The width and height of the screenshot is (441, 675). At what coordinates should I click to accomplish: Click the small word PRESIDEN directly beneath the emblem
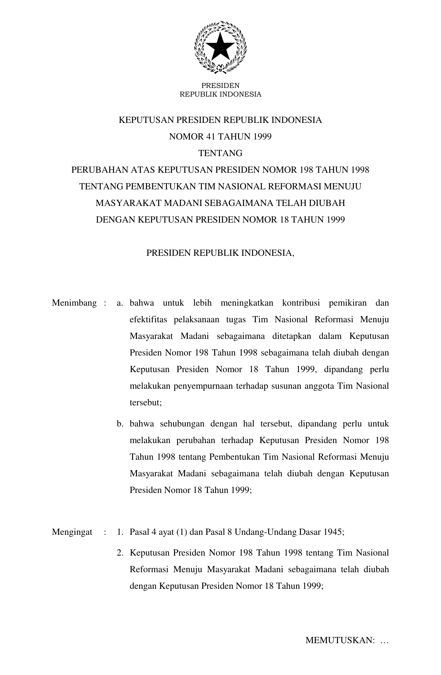click(x=220, y=85)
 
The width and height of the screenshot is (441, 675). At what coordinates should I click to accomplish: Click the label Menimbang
click(x=74, y=303)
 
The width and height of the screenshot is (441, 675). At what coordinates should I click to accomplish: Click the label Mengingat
click(x=72, y=532)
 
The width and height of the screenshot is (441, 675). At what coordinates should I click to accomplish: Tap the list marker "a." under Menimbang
click(x=120, y=303)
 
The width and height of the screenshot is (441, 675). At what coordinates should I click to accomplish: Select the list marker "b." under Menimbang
click(x=120, y=424)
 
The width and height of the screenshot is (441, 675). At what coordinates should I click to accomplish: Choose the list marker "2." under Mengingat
click(x=120, y=553)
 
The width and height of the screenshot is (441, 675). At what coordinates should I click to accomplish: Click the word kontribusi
click(x=301, y=303)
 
